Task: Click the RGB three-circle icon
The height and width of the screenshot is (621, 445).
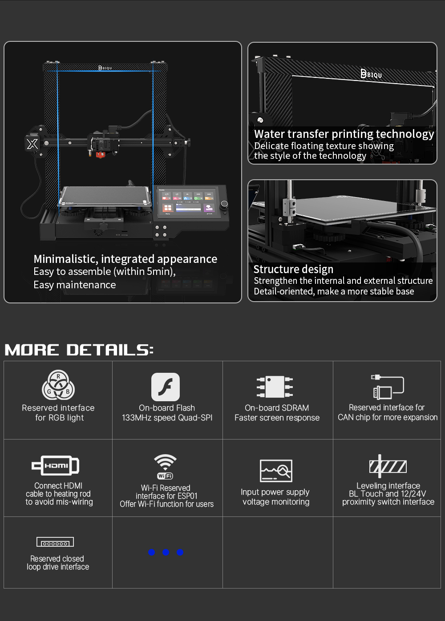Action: (x=58, y=385)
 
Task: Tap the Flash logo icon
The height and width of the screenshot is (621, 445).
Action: (x=166, y=387)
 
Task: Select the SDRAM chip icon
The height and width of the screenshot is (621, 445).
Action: (x=275, y=387)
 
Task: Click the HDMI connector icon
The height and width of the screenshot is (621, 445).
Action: (x=56, y=465)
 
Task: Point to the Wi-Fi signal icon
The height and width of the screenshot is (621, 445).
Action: (x=165, y=466)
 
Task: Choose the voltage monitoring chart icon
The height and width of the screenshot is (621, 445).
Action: (x=276, y=471)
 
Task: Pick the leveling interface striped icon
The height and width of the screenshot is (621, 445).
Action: (x=388, y=466)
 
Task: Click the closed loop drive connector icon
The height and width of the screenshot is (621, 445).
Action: (x=55, y=542)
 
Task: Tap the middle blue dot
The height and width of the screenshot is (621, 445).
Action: (x=166, y=552)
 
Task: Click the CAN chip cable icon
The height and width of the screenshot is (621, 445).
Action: (x=387, y=387)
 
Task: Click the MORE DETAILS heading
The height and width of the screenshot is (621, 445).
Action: (x=79, y=350)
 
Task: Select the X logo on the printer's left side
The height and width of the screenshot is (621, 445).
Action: (x=32, y=144)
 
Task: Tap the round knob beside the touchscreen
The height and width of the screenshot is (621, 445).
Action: (x=224, y=205)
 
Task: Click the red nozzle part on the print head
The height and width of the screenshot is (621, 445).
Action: (x=101, y=155)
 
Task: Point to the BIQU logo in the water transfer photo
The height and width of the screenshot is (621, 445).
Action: (x=371, y=74)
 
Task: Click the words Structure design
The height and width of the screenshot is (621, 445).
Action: (x=293, y=269)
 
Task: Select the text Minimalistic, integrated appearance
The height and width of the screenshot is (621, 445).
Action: (x=125, y=259)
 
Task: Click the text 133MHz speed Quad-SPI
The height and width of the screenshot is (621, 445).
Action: (x=167, y=418)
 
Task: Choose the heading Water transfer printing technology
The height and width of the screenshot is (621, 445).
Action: (x=344, y=134)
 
